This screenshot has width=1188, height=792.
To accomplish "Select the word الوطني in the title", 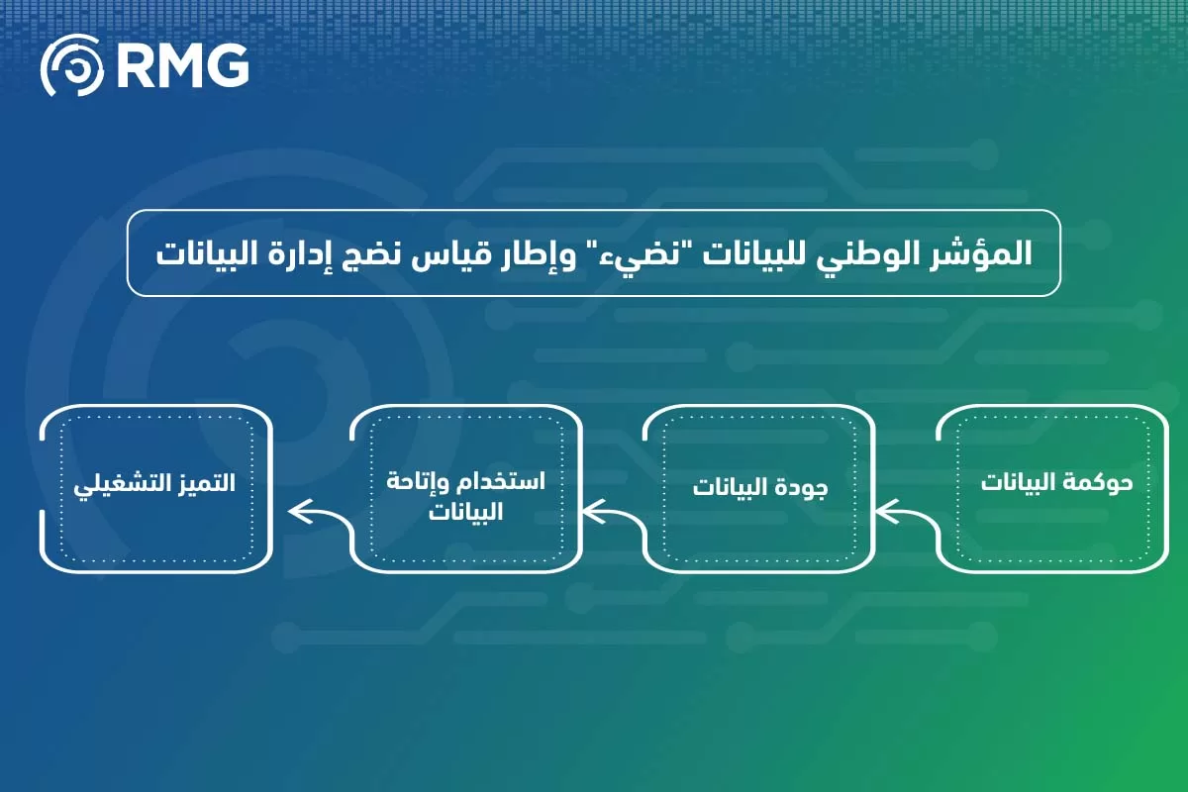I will tap(871, 252).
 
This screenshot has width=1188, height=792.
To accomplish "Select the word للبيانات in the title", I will tap(763, 252).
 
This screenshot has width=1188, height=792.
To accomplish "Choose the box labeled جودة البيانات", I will tap(758, 488).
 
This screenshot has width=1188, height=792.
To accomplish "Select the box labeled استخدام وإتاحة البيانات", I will tap(465, 488).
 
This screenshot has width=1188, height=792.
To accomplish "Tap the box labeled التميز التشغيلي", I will tap(156, 488).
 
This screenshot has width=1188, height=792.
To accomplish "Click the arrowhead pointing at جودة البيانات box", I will tap(885, 512).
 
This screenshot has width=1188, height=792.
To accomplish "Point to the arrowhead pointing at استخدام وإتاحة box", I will tap(592, 512).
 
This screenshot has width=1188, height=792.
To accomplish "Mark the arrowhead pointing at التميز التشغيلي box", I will tap(296, 512).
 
